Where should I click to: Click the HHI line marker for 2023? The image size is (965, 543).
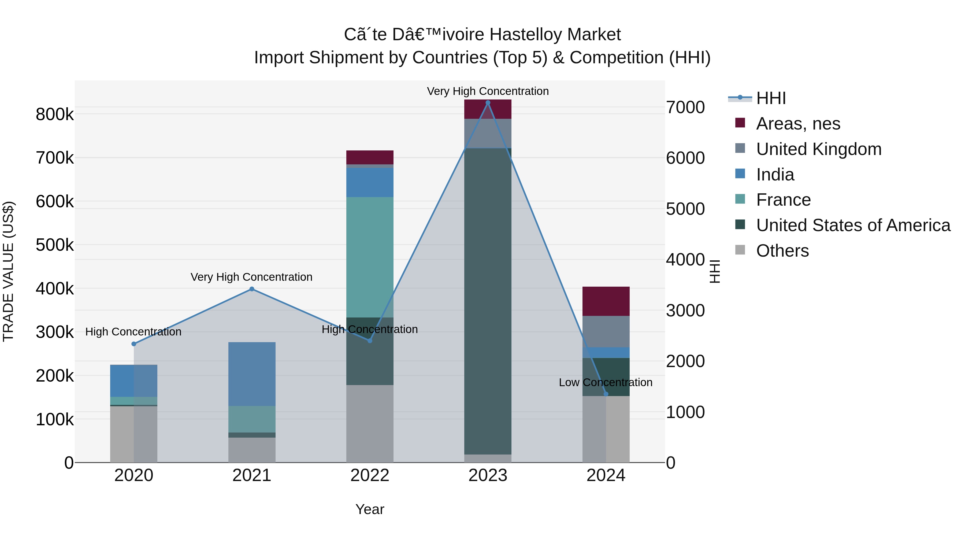[488, 103]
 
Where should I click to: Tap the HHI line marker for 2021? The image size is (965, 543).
[252, 289]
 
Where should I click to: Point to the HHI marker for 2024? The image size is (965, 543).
[606, 394]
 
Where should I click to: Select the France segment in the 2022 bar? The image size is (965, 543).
[370, 257]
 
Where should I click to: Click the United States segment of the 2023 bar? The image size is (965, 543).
[488, 301]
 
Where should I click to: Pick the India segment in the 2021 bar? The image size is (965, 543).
[252, 374]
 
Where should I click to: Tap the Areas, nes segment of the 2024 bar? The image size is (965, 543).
[606, 301]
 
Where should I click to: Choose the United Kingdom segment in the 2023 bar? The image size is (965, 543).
[488, 134]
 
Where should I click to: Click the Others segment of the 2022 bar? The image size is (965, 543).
[370, 423]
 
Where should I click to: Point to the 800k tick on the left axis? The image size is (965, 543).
[55, 114]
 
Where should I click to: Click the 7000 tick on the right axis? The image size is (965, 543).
[685, 107]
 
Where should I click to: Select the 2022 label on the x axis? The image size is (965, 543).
[370, 475]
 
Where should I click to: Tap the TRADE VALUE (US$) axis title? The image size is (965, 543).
[8, 271]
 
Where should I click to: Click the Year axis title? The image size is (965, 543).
[370, 509]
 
